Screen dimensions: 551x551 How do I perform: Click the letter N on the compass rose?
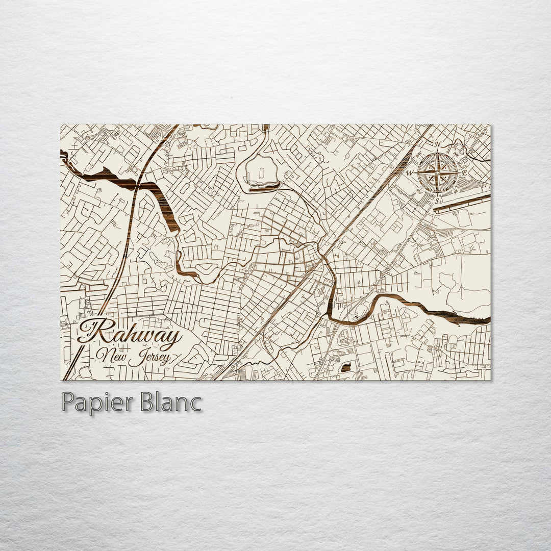tap(437, 144)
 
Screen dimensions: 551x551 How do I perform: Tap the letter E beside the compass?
tap(464, 173)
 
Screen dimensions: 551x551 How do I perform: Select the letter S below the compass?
tap(436, 201)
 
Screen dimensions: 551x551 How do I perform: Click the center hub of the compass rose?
tap(437, 173)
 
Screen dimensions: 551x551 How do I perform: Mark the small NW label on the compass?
tap(419, 156)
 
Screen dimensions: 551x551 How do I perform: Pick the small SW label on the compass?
tap(419, 191)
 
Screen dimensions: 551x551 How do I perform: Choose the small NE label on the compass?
tap(456, 155)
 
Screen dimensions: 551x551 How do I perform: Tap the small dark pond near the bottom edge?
tap(346, 367)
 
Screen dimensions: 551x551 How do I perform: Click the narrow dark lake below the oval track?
tap(264, 188)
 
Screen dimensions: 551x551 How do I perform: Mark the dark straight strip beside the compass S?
tap(462, 203)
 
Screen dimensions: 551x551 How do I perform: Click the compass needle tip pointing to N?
tap(437, 153)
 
